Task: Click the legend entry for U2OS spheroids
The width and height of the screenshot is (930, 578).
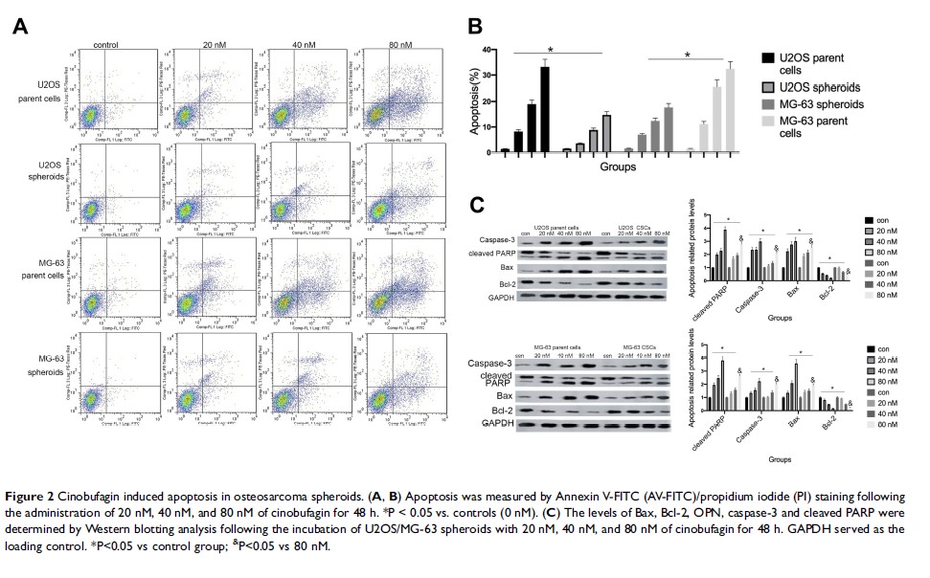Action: point(801,86)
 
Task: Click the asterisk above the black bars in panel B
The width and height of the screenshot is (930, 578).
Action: point(550,50)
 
